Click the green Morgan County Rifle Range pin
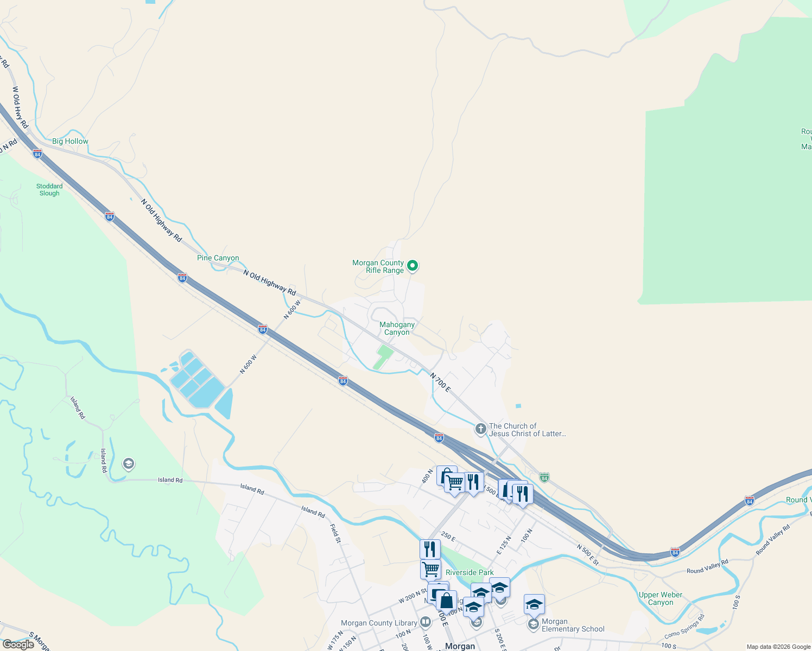click(x=413, y=266)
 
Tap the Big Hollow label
click(x=70, y=141)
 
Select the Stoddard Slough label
click(x=49, y=189)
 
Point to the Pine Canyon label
click(x=218, y=258)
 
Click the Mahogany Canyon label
click(x=397, y=328)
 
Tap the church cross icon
click(x=480, y=429)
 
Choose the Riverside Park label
click(x=470, y=572)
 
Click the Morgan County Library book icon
click(x=426, y=622)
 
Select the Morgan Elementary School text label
click(x=573, y=626)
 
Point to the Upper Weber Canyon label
click(x=661, y=598)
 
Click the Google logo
click(x=18, y=644)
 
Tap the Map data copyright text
click(x=778, y=647)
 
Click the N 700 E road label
click(x=440, y=382)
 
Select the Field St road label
click(x=335, y=533)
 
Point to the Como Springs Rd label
click(x=684, y=627)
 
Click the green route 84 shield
click(x=544, y=477)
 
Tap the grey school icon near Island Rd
click(x=129, y=464)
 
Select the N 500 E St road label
click(x=587, y=555)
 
